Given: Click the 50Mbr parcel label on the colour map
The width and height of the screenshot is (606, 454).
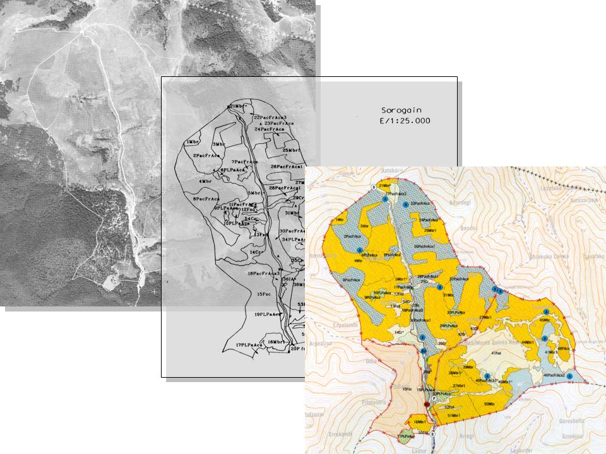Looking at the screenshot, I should [x=489, y=404].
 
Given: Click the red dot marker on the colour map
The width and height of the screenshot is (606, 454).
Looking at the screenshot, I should [x=427, y=404].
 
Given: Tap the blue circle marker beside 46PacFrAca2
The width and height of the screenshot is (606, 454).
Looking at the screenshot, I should [x=569, y=376].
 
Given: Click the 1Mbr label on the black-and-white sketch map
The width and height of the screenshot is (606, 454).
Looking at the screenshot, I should [x=193, y=143].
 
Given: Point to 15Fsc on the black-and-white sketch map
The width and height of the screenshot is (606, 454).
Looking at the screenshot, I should [x=264, y=294].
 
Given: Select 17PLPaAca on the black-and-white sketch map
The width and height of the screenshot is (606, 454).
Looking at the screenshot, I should [x=249, y=345].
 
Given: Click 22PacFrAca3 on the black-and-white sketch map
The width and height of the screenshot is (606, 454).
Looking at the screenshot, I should [x=271, y=117].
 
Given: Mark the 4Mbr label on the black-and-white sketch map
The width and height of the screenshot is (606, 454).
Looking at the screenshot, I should [x=205, y=182].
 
